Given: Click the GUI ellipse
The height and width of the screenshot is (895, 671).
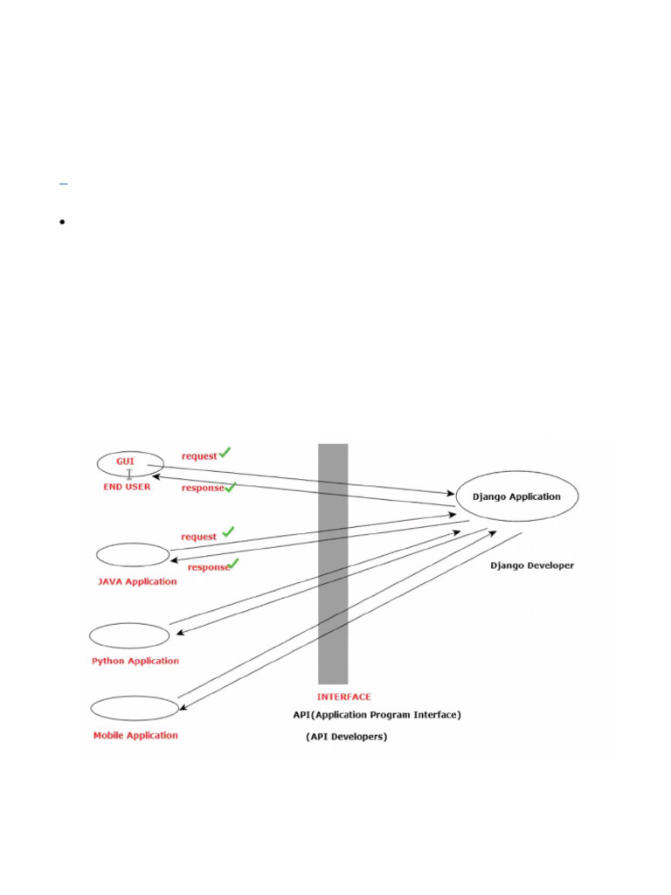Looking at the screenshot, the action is tap(131, 452).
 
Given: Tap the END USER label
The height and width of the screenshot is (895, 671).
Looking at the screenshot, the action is tap(127, 487).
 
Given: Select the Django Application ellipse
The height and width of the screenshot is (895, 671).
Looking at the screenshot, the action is tap(517, 471).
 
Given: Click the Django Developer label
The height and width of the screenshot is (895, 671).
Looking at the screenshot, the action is tap(532, 565).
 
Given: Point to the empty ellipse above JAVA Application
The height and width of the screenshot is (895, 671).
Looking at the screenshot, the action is tap(133, 544).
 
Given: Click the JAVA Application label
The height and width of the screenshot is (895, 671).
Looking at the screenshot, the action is tap(137, 581).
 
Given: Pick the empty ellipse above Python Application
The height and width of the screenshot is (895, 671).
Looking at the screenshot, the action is tap(129, 623).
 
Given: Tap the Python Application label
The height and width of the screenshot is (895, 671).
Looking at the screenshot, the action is tap(135, 661).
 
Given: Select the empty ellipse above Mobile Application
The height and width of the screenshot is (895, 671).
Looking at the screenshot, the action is tap(135, 697).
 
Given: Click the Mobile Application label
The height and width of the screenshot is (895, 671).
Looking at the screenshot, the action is tap(135, 735).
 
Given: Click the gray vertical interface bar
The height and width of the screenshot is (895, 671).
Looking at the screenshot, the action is tap(333, 564).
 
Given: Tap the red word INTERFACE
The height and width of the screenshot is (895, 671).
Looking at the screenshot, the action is tap(344, 697).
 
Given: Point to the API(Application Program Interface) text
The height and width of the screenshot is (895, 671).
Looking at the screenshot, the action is tap(377, 715).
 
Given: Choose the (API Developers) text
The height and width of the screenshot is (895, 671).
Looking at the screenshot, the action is tap(346, 737).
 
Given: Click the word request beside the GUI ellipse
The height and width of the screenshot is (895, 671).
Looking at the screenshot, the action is tap(199, 456).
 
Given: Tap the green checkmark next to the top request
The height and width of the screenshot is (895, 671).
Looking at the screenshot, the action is tap(225, 452).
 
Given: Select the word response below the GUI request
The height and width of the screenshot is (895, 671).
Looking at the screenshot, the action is tap(203, 488).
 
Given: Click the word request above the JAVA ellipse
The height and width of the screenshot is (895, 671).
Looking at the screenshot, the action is tap(198, 538).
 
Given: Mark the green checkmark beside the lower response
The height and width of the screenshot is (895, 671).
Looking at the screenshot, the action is tap(232, 564).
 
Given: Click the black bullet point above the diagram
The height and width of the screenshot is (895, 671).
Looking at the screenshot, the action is tap(62, 221).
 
